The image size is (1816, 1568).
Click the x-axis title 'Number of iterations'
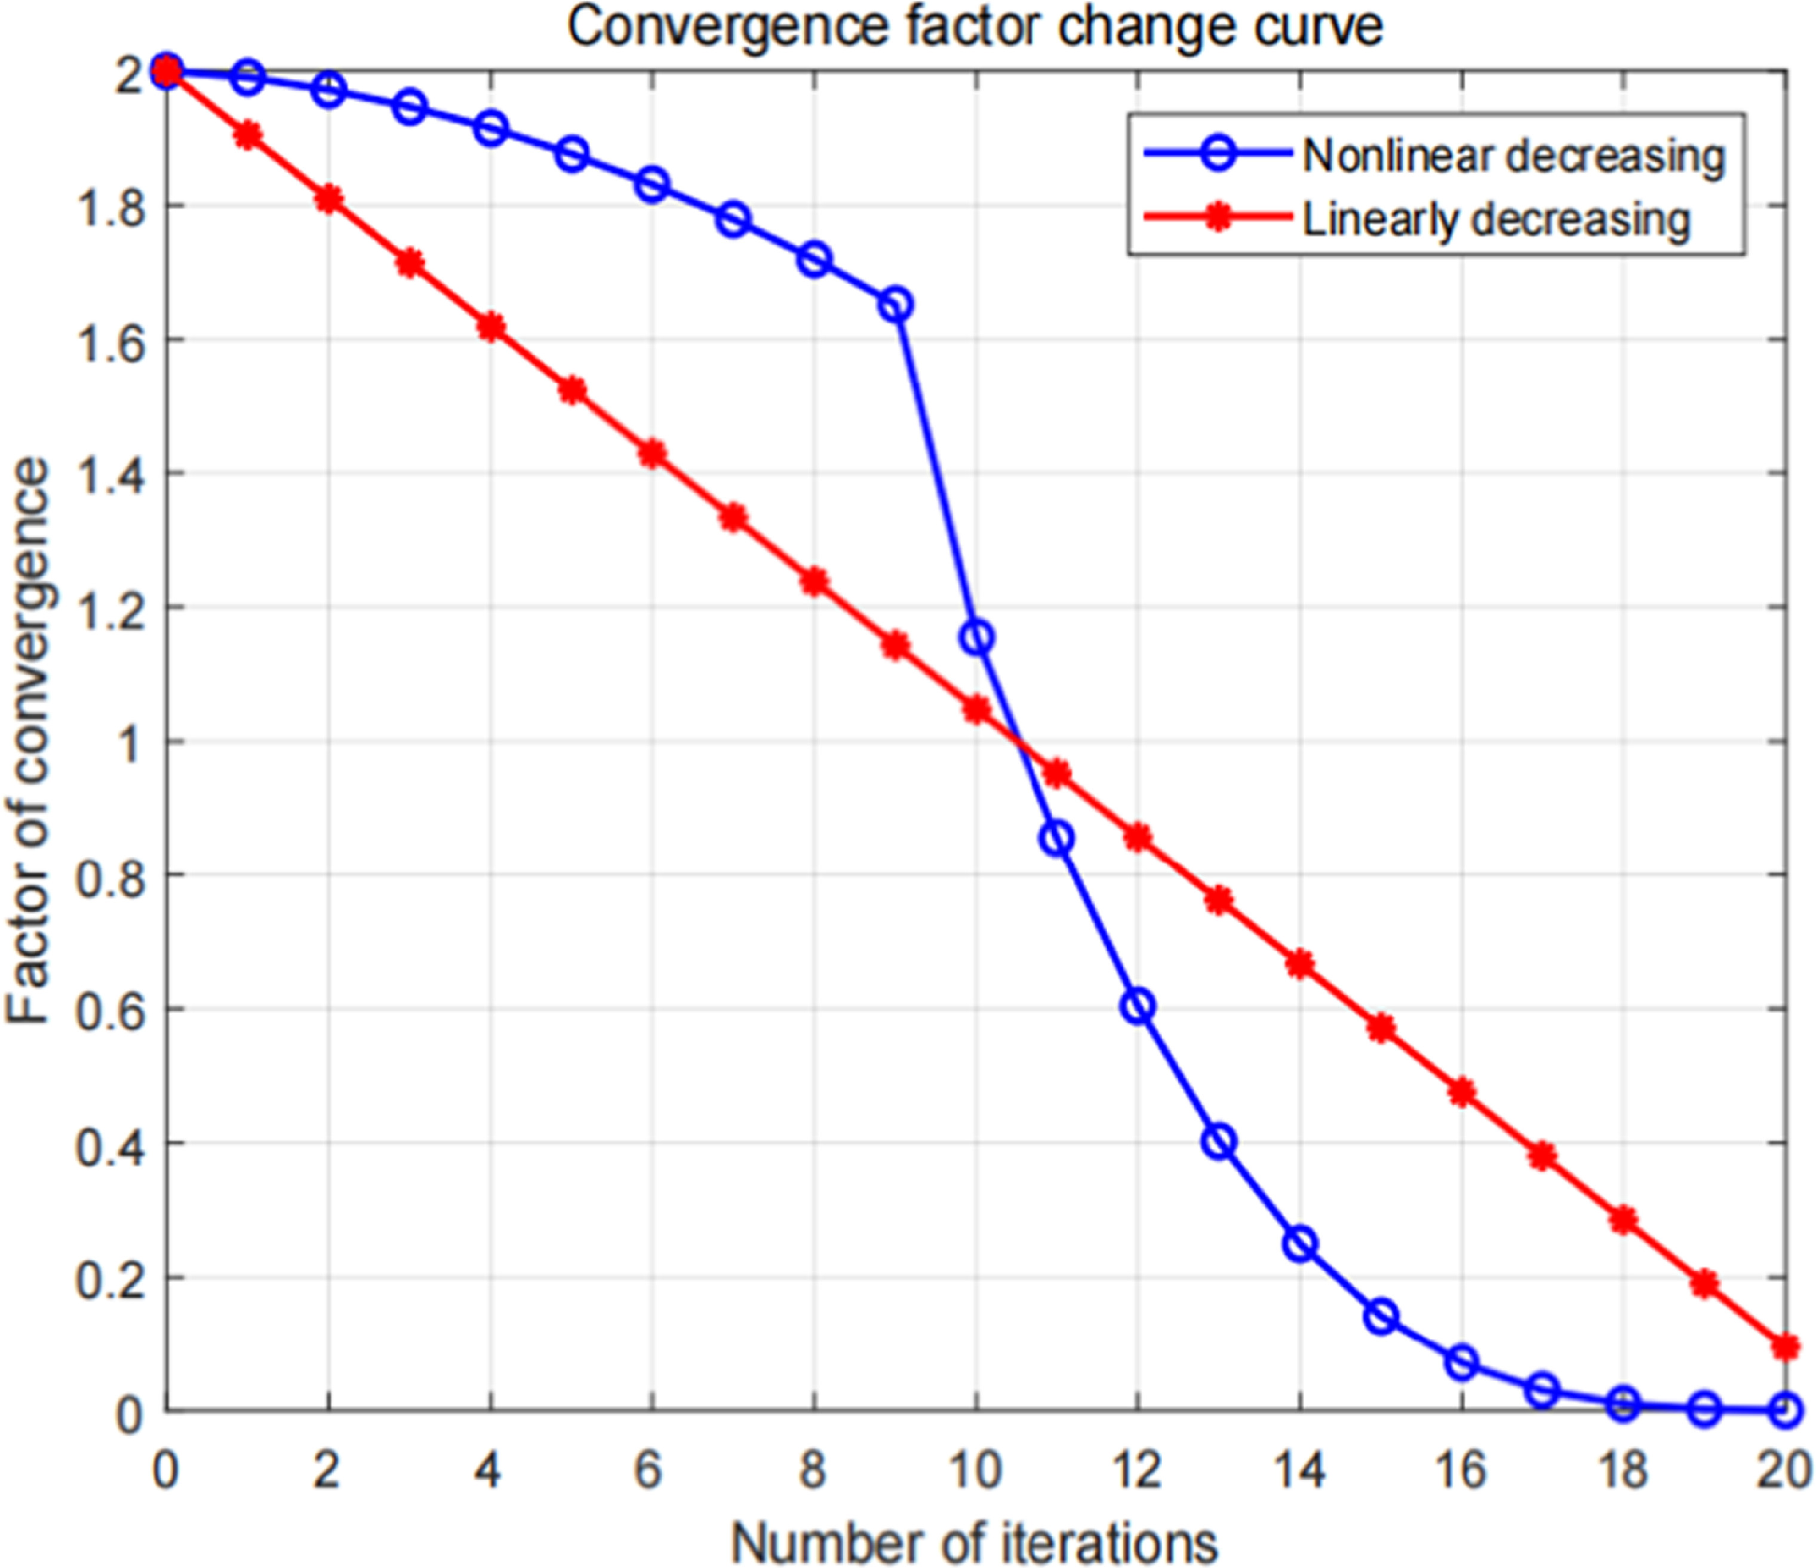[x=975, y=1542]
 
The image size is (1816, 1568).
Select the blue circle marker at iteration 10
[x=977, y=637]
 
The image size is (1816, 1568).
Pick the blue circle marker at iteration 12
[x=1138, y=1006]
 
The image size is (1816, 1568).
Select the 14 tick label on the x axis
[x=1299, y=1471]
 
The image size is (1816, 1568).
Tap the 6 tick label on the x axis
[x=650, y=1471]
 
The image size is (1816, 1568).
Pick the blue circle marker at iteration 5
[x=572, y=154]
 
